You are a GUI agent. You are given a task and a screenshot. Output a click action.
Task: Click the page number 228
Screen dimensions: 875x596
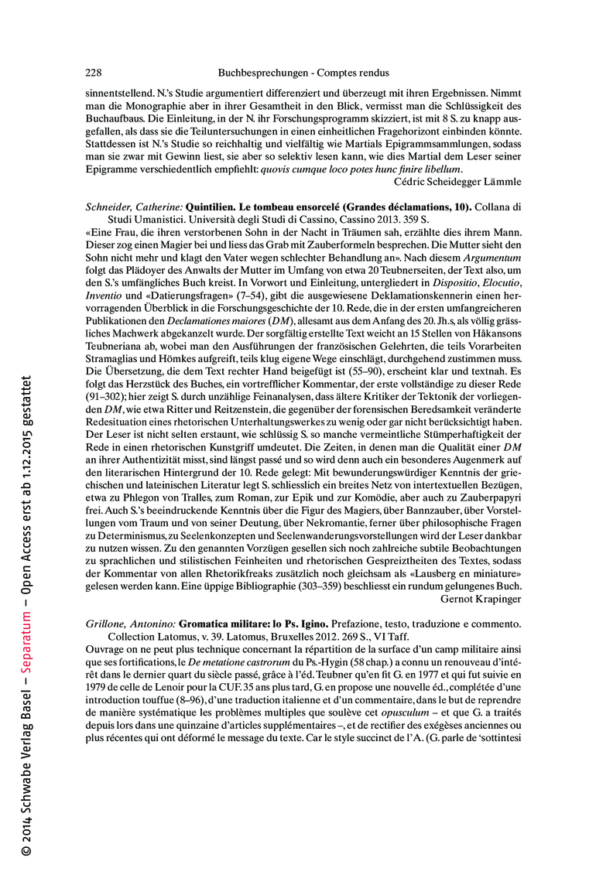pyautogui.click(x=93, y=73)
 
